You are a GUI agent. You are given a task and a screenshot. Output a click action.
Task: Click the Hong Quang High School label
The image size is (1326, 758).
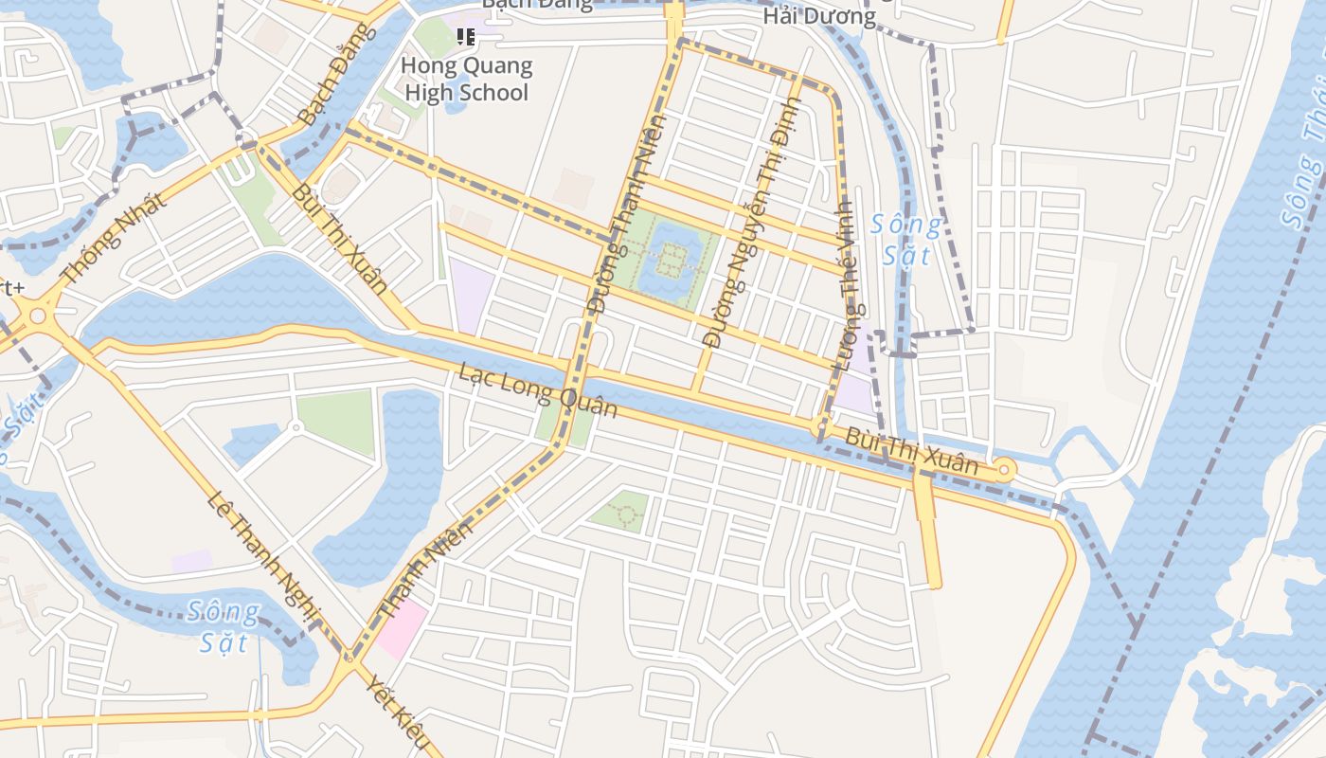click(x=466, y=80)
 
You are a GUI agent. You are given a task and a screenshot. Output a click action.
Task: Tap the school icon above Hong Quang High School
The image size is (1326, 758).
click(x=465, y=37)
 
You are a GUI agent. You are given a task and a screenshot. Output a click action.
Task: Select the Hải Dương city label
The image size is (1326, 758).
click(x=819, y=16)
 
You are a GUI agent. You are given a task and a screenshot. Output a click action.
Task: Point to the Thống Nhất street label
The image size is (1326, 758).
click(x=113, y=239)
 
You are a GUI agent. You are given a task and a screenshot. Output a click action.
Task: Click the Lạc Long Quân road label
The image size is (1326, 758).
click(x=538, y=389)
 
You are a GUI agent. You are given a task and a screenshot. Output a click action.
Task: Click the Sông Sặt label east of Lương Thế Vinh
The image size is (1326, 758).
click(x=906, y=240)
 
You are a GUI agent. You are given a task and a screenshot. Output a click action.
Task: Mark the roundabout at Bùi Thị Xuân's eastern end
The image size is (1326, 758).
click(x=1004, y=468)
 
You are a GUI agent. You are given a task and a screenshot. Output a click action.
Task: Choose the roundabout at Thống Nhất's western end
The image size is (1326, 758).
click(x=38, y=316)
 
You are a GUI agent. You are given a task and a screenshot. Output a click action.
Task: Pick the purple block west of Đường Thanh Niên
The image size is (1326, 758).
click(x=471, y=293)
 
